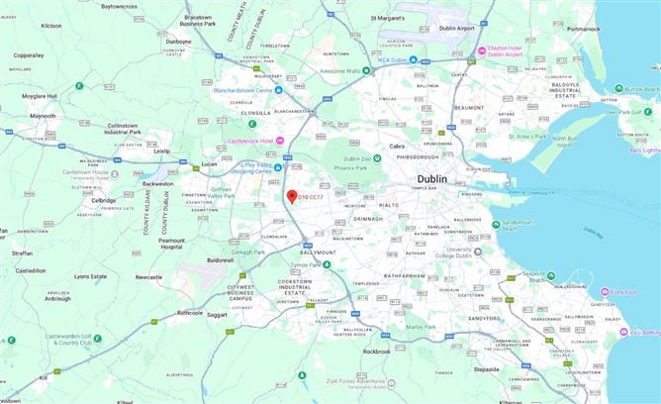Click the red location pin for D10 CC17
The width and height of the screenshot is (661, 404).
(292, 197)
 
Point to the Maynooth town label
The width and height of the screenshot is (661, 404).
(43, 116)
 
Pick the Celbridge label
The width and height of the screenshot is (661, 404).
(103, 200)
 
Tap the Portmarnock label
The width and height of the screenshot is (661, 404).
(585, 29)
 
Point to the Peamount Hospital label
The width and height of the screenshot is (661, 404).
(171, 243)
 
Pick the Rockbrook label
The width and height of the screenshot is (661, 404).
(376, 352)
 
